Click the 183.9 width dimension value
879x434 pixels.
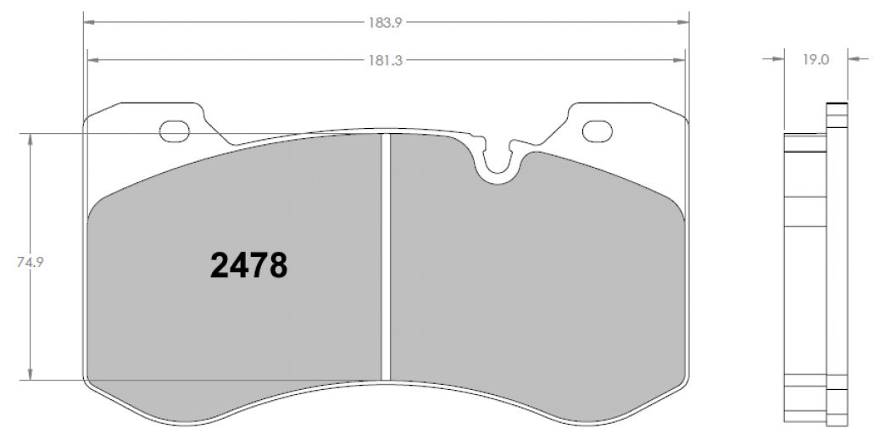pos(386,23)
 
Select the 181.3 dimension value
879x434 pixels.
pos(385,60)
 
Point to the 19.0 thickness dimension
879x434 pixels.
pos(815,59)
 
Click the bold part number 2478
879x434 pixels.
pos(249,265)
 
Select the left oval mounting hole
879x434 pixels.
pos(175,131)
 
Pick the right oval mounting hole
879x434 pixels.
pos(597,131)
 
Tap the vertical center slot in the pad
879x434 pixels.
pos(385,257)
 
